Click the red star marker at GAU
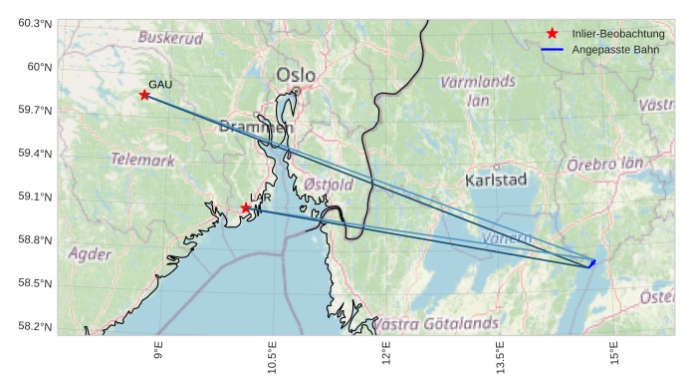point(145,95)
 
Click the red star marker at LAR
point(246,207)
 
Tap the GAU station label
point(160,85)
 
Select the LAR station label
point(261,197)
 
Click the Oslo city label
point(296,75)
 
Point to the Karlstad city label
point(495,180)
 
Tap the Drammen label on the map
point(256,128)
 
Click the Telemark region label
point(142,160)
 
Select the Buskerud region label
point(170,38)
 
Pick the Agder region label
point(90,254)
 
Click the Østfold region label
point(329,185)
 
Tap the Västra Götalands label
point(435,324)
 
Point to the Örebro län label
point(605,164)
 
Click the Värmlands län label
point(478,90)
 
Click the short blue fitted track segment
point(592,263)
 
